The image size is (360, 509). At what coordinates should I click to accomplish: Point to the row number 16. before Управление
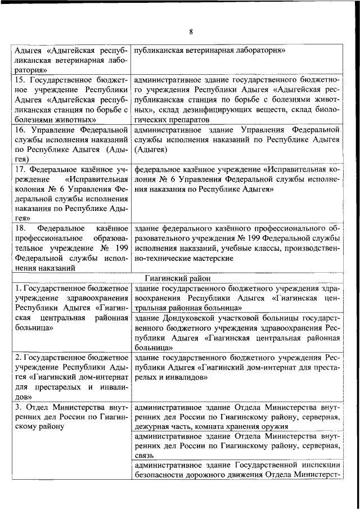click(x=20, y=130)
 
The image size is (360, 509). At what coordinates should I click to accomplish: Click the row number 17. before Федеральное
click(x=20, y=169)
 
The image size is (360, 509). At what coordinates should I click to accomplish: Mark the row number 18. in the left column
click(x=20, y=228)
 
